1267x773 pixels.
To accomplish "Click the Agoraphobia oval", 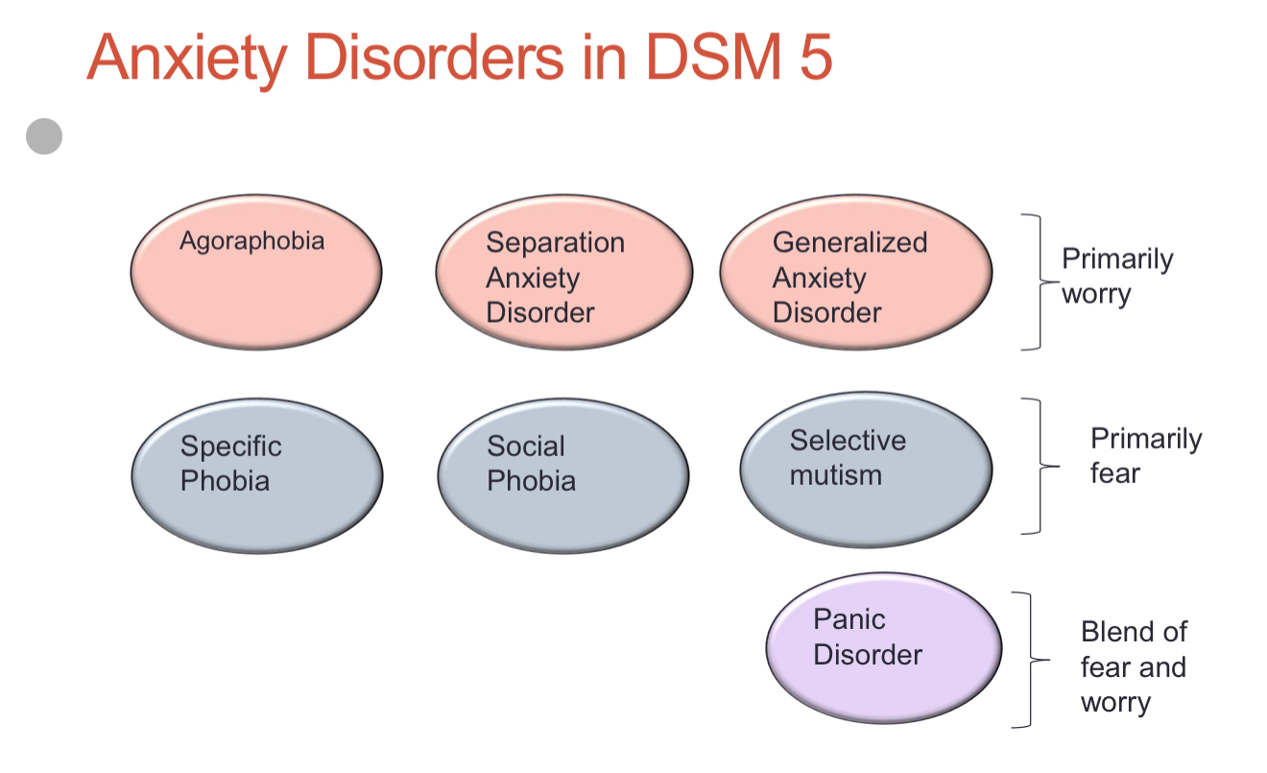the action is click(x=256, y=272).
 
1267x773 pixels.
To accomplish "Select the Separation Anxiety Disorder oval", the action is click(x=564, y=272).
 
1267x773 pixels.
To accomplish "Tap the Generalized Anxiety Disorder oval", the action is click(x=856, y=272).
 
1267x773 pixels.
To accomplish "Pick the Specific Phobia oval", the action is click(x=257, y=476).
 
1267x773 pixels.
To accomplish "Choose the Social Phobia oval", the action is click(x=563, y=476).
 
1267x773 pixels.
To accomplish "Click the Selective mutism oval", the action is click(x=866, y=470).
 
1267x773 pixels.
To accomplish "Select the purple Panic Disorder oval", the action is click(x=884, y=648).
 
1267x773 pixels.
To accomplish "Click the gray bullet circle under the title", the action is click(x=44, y=136).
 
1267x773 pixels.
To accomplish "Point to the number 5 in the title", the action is click(x=816, y=57).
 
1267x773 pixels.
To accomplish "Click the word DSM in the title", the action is click(x=714, y=57).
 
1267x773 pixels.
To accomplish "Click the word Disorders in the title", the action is click(x=435, y=57).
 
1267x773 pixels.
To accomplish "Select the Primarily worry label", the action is click(x=1117, y=277).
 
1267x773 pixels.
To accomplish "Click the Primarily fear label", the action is click(x=1146, y=455).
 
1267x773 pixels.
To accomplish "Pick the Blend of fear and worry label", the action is click(x=1135, y=667).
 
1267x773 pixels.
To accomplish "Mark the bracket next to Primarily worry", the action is click(x=1040, y=281).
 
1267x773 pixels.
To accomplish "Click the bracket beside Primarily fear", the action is click(x=1040, y=466).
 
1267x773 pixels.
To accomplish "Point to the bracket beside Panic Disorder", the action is click(x=1031, y=660).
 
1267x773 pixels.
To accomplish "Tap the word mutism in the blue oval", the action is click(x=835, y=475).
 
